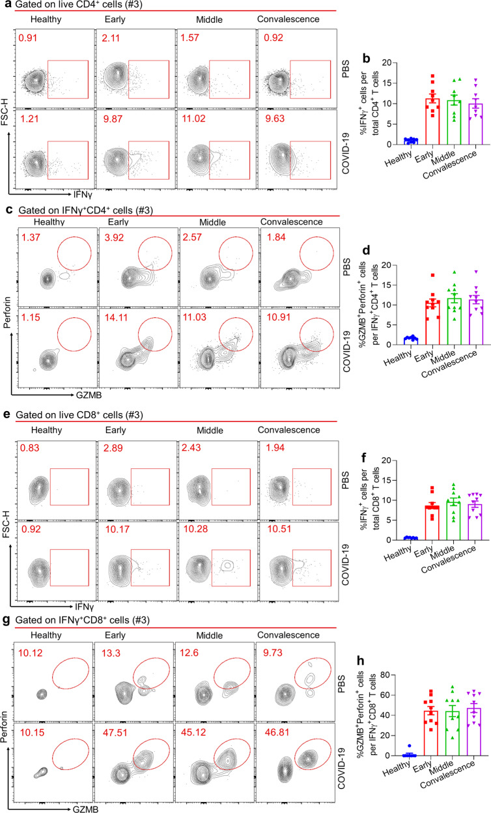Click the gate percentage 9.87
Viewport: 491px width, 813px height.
click(113, 119)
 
